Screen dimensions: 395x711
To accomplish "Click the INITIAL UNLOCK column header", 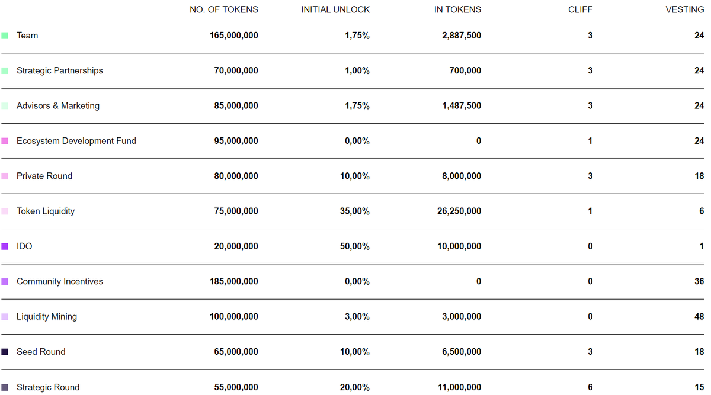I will pyautogui.click(x=335, y=9).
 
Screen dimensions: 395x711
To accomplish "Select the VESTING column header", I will pyautogui.click(x=685, y=9).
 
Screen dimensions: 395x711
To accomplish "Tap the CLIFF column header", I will pyautogui.click(x=579, y=9).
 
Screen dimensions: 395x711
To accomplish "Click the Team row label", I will pyautogui.click(x=27, y=36).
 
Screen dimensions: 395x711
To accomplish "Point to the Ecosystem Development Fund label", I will pyautogui.click(x=76, y=141).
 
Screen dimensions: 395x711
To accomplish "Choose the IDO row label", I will pyautogui.click(x=24, y=246).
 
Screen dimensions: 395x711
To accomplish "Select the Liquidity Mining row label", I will pyautogui.click(x=46, y=317).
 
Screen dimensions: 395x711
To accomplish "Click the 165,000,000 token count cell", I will pyautogui.click(x=233, y=36).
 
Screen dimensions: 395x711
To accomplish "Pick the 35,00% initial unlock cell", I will pyautogui.click(x=354, y=211).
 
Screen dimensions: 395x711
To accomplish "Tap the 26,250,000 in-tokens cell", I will pyautogui.click(x=459, y=211).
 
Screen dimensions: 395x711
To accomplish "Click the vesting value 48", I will pyautogui.click(x=699, y=317).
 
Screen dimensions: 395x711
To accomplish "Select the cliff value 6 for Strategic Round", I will pyautogui.click(x=590, y=387).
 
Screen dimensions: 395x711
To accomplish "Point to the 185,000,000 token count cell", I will pyautogui.click(x=233, y=282).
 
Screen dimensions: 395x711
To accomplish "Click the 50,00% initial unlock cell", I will pyautogui.click(x=354, y=246).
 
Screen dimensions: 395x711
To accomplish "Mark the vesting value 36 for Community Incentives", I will pyautogui.click(x=699, y=282).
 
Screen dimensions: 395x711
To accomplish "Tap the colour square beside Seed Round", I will pyautogui.click(x=5, y=352).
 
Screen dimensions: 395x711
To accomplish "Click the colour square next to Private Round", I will pyautogui.click(x=5, y=176).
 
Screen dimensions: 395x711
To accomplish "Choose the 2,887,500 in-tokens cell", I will pyautogui.click(x=461, y=36).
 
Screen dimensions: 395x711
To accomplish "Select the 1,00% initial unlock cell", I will pyautogui.click(x=357, y=71).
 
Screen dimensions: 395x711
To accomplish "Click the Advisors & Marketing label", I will pyautogui.click(x=57, y=106).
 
